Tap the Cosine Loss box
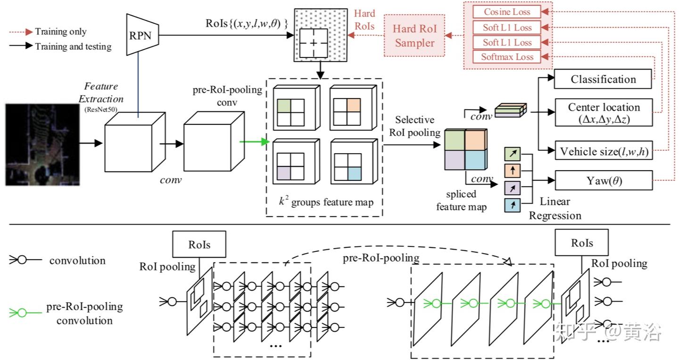tap(507, 12)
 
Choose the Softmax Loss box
tap(507, 57)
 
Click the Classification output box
tap(603, 79)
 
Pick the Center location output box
tap(603, 113)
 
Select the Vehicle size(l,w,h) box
tap(603, 152)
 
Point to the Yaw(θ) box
tap(603, 180)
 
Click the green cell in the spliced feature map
tap(455, 140)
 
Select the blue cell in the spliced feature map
tap(475, 160)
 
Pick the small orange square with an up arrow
tap(512, 170)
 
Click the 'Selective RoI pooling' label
tap(414, 126)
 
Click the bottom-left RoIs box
tap(199, 244)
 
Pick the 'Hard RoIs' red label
tap(364, 20)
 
